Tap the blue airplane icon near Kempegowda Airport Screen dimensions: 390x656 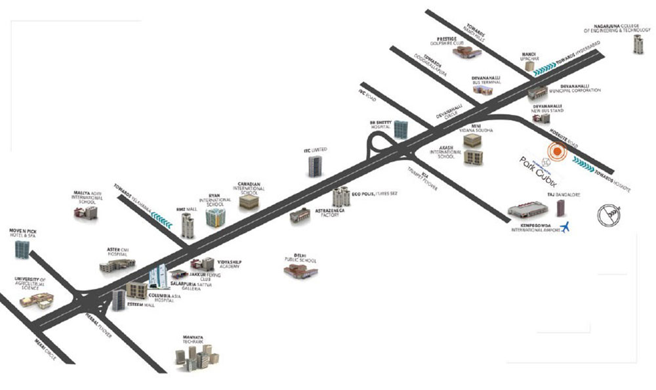point(567,227)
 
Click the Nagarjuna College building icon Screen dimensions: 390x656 point(637,44)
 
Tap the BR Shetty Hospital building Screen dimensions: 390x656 point(401,129)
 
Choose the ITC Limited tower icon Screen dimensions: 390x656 point(314,165)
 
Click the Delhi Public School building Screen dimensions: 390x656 point(301,271)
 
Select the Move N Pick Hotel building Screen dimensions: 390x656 point(22,248)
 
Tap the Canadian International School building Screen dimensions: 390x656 point(250,202)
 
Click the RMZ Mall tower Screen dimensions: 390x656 point(188,225)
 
